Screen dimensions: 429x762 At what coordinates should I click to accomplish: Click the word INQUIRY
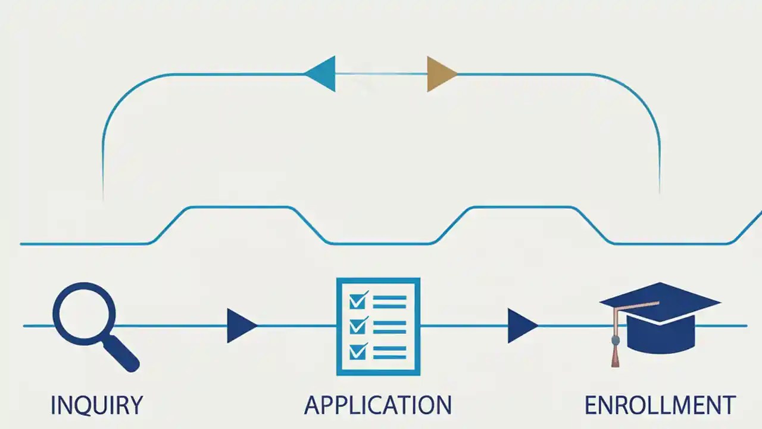coord(96,405)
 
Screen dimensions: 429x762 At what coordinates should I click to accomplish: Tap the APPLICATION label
coord(378,405)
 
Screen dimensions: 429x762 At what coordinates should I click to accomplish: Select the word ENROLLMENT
coord(660,405)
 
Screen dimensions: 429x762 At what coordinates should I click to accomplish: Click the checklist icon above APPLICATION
coord(378,327)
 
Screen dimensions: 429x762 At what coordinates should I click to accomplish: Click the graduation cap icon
coord(661,319)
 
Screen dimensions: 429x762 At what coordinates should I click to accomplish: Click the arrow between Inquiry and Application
coord(241,326)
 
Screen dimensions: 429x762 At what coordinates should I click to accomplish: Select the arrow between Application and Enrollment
coord(521,326)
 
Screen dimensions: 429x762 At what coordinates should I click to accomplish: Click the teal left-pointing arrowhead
coord(321,74)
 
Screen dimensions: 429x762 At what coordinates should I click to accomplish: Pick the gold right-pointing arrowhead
coord(441,74)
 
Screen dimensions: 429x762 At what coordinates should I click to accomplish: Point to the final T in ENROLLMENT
coord(727,405)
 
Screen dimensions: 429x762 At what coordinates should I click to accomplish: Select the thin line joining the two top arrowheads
coord(381,74)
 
